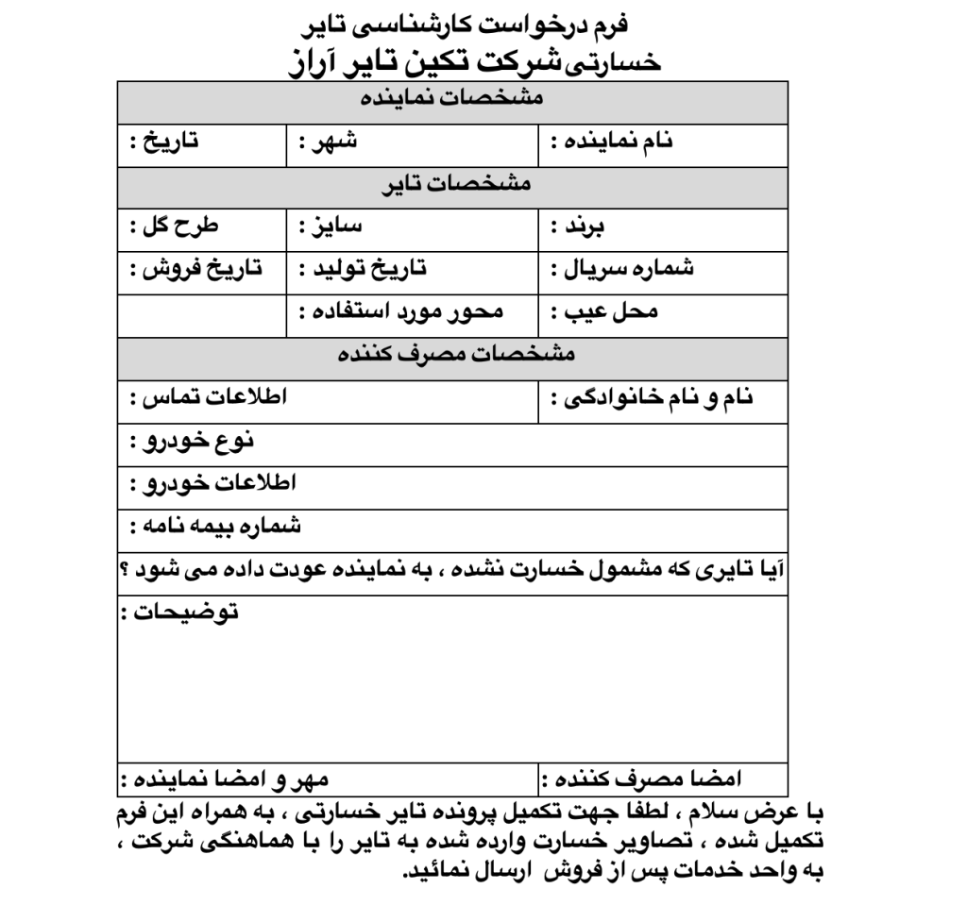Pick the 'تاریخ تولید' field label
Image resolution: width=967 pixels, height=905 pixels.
coord(362,269)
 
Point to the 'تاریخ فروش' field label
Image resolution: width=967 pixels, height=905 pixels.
coord(195,269)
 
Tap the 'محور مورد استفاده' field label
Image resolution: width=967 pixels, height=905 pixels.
coord(402,312)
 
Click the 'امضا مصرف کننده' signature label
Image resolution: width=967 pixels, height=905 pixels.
coord(641,779)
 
